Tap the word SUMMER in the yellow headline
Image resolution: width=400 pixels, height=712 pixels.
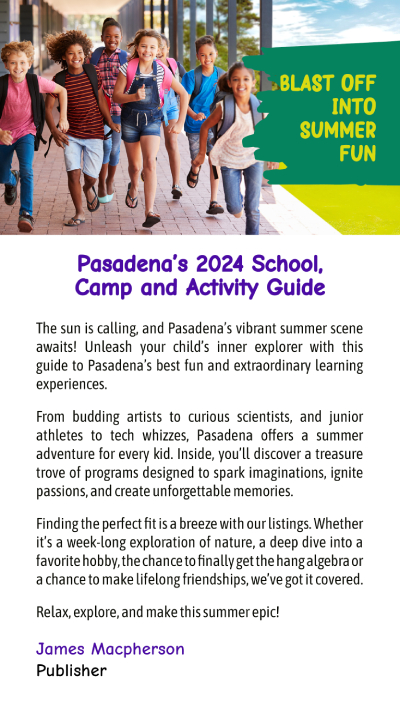tap(338, 130)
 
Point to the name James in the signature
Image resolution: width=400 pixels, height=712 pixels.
tap(60, 649)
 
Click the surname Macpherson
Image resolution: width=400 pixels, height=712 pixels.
tap(138, 650)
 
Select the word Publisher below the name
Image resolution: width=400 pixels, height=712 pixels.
tap(71, 670)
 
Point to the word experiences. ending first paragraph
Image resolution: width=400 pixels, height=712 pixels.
tap(72, 385)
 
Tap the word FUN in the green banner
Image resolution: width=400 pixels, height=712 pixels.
tap(358, 153)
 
